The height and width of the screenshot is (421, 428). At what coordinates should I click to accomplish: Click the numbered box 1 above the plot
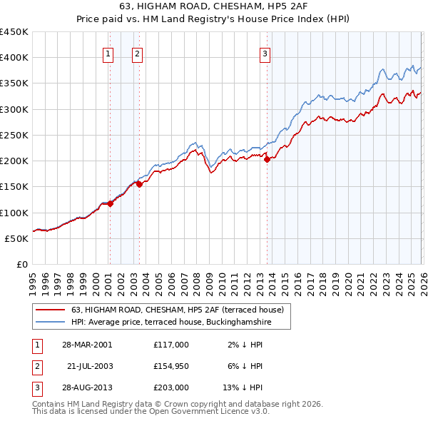pyautogui.click(x=108, y=53)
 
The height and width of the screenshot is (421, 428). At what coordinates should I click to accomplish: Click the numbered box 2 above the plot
pyautogui.click(x=136, y=53)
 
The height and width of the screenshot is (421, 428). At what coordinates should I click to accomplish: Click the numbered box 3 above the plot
pyautogui.click(x=265, y=53)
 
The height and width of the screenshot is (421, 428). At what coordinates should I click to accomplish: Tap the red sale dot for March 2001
pyautogui.click(x=111, y=204)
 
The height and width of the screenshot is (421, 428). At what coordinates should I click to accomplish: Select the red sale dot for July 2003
pyautogui.click(x=140, y=184)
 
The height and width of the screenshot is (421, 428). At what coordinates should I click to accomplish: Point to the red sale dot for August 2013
pyautogui.click(x=267, y=159)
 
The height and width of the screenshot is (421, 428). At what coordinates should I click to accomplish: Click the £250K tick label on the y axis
pyautogui.click(x=14, y=135)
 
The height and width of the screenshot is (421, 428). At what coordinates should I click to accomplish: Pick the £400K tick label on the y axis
pyautogui.click(x=14, y=58)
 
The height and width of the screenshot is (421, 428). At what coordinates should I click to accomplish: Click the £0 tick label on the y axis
pyautogui.click(x=21, y=264)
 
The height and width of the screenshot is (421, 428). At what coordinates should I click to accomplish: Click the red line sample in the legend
pyautogui.click(x=51, y=310)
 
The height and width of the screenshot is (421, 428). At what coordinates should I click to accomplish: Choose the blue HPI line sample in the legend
pyautogui.click(x=51, y=323)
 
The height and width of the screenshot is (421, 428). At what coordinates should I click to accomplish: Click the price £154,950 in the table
pyautogui.click(x=170, y=366)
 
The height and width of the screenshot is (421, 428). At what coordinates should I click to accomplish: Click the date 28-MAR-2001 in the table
pyautogui.click(x=87, y=344)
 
